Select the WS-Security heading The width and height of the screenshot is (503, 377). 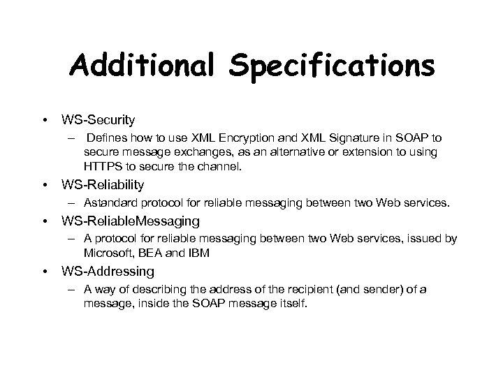tap(98, 120)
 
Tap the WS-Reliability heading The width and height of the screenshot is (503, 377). tap(102, 184)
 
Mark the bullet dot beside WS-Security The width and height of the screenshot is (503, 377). tap(45, 120)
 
